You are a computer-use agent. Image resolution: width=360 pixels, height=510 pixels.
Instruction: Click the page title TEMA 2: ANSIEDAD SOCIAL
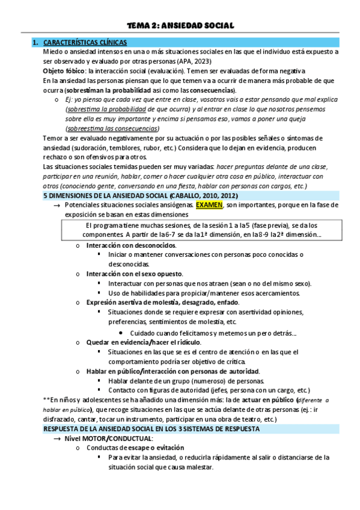pyautogui.click(x=180, y=25)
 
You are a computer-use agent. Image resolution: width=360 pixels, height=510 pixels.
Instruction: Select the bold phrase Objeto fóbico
pyautogui.click(x=59, y=70)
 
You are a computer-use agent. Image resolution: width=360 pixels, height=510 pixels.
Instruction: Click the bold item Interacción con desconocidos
pyautogui.click(x=131, y=245)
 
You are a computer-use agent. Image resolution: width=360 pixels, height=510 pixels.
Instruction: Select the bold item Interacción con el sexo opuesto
pyautogui.click(x=135, y=274)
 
